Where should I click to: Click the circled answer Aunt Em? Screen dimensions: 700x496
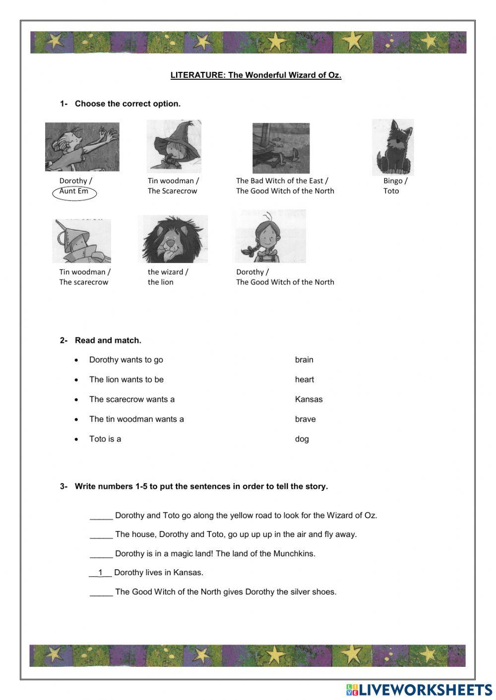[x=74, y=192]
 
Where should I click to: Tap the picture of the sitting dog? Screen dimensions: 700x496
[x=392, y=147]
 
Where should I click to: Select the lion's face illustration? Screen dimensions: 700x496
[x=173, y=239]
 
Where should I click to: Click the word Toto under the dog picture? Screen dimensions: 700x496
[x=391, y=191]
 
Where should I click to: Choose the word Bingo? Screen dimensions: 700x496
[x=393, y=181]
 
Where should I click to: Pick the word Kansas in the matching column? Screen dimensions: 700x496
[x=309, y=399]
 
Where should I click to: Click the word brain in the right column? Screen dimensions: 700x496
[x=304, y=360]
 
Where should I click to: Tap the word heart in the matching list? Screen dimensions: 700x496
[x=305, y=379]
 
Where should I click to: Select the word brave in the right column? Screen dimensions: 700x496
[x=305, y=419]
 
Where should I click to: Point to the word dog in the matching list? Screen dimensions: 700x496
[x=302, y=439]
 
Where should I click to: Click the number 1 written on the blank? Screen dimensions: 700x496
[x=100, y=573]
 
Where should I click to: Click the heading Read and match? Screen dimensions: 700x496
[x=108, y=340]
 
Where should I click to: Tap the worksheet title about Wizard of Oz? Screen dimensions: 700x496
[x=256, y=75]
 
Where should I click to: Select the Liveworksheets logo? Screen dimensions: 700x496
[x=419, y=690]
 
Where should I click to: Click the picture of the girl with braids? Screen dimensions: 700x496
[x=269, y=236]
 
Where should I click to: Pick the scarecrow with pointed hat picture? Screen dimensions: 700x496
[x=174, y=146]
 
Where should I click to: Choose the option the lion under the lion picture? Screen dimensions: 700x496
[x=160, y=282]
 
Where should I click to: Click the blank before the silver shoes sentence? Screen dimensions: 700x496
[x=101, y=592]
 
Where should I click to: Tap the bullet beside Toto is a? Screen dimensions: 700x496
[x=76, y=439]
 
